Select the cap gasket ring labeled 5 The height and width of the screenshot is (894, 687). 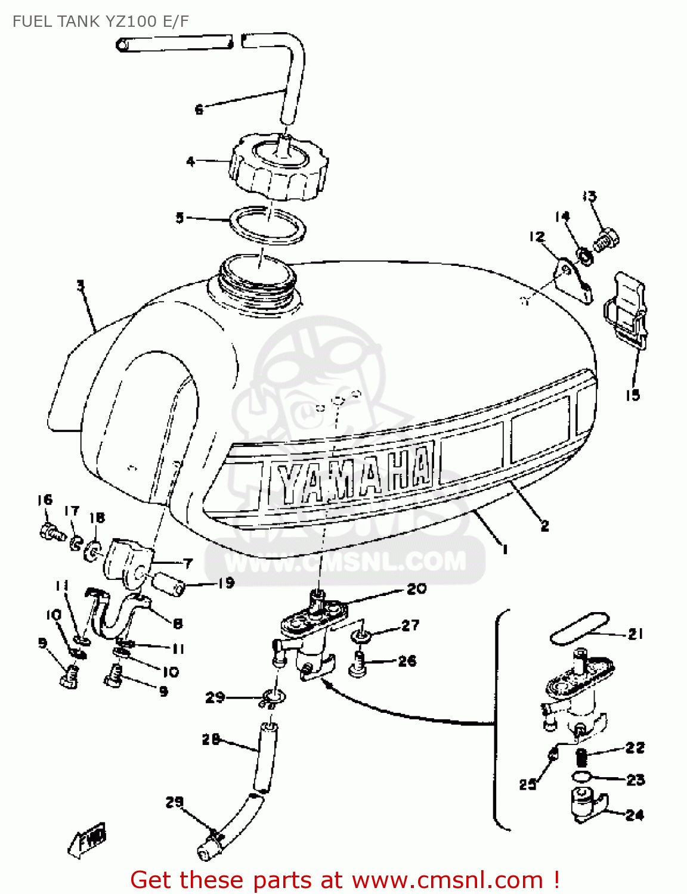click(x=268, y=225)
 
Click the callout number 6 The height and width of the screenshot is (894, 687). click(x=199, y=110)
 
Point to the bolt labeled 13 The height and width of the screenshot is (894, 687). click(x=606, y=240)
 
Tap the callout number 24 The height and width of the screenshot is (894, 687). click(x=635, y=815)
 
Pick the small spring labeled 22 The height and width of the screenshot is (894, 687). click(x=582, y=758)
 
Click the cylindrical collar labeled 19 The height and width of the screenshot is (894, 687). click(x=169, y=582)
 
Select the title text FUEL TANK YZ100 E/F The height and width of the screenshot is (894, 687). click(x=100, y=21)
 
